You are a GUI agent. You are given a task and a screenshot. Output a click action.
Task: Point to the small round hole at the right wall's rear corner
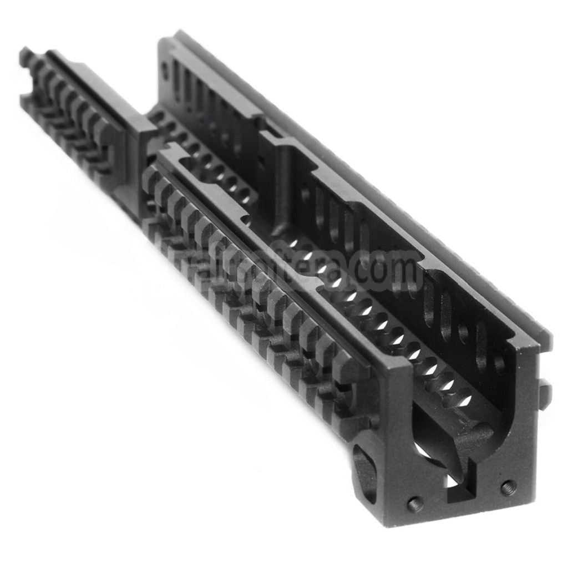[165, 68]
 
